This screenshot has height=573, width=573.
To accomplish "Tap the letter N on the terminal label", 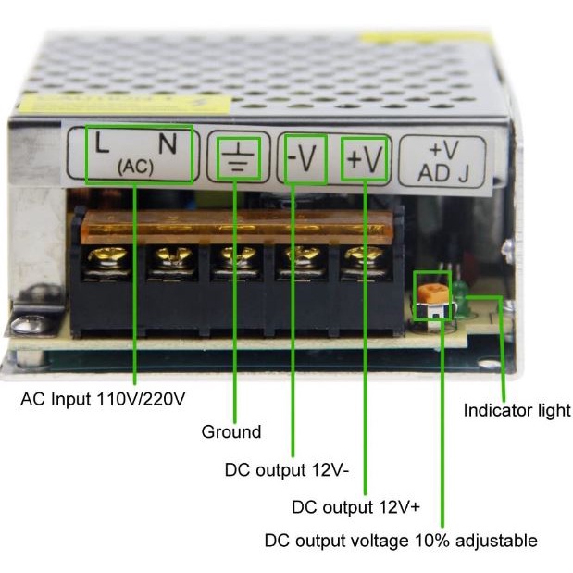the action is [167, 143].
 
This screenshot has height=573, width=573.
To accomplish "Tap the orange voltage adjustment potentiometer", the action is [428, 294].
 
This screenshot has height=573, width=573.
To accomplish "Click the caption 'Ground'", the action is [231, 431].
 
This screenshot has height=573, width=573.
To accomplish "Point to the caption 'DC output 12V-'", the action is [287, 469].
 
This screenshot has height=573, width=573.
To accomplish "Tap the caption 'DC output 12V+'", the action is [356, 506].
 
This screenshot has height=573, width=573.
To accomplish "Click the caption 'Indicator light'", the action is [517, 410].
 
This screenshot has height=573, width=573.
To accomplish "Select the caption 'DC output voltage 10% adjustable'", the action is [401, 541].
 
